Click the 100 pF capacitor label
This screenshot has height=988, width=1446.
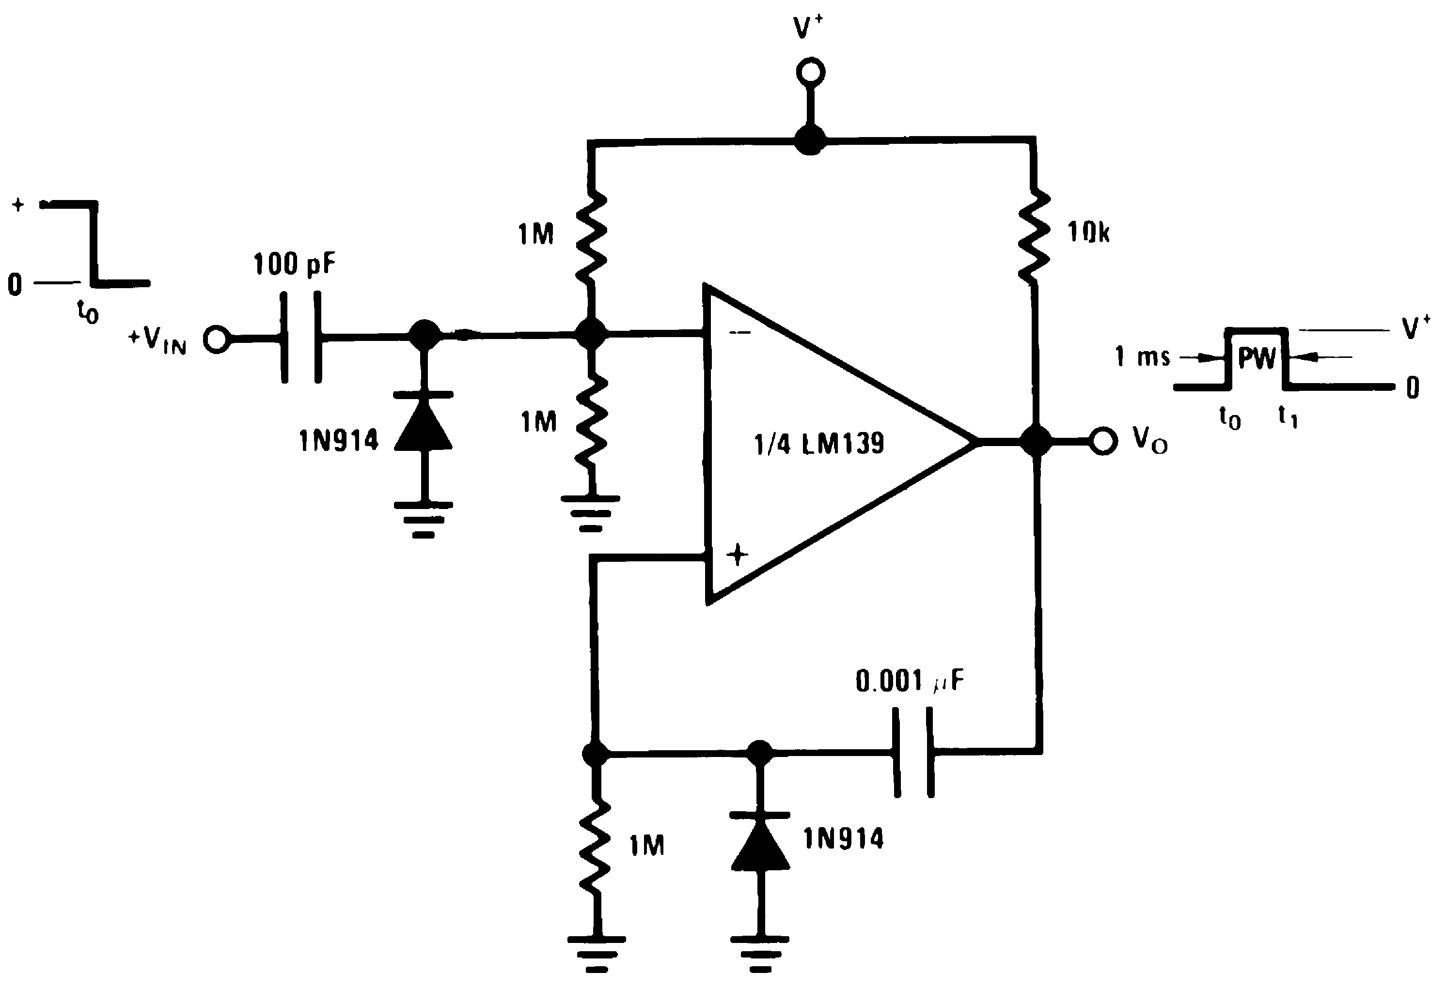(294, 264)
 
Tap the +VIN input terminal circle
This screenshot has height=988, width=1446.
(216, 340)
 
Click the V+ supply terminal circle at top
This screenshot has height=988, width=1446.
(810, 73)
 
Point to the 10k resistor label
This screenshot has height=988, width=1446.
(1088, 232)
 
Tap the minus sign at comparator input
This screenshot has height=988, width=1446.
(740, 333)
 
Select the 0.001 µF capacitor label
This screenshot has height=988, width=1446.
(909, 681)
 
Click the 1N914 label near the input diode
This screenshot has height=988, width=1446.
(338, 441)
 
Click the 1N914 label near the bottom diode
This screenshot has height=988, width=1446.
(843, 839)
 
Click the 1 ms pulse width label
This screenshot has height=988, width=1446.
(1142, 357)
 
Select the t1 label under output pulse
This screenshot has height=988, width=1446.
(1288, 416)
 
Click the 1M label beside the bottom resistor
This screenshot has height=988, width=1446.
(646, 846)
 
